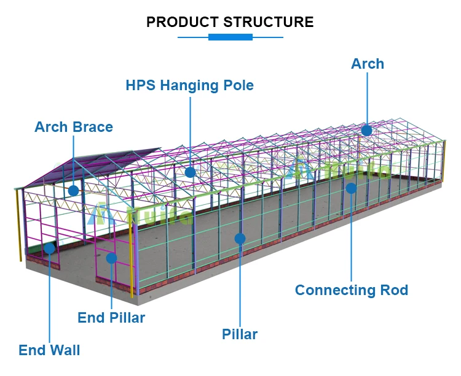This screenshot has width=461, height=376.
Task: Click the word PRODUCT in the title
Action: [182, 23]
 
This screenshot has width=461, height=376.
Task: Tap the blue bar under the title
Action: [230, 37]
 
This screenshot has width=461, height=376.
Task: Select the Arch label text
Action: [368, 64]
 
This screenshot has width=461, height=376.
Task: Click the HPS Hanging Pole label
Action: [189, 85]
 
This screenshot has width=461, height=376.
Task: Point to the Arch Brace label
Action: [74, 127]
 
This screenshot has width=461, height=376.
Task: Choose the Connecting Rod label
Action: [352, 290]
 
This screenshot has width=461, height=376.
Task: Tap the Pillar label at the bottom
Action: [240, 334]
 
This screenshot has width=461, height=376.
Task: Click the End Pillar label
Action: [111, 318]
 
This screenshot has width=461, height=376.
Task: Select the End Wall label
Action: [49, 351]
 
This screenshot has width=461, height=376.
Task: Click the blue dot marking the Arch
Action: [367, 130]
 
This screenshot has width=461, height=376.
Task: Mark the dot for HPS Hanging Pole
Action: [190, 172]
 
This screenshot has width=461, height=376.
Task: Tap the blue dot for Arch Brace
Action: [73, 191]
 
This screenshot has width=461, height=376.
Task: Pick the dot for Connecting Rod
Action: [351, 188]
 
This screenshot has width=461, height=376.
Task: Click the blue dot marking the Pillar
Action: [240, 238]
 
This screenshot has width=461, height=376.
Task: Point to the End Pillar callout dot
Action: [111, 258]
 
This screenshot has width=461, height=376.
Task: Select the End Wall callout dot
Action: [49, 248]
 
